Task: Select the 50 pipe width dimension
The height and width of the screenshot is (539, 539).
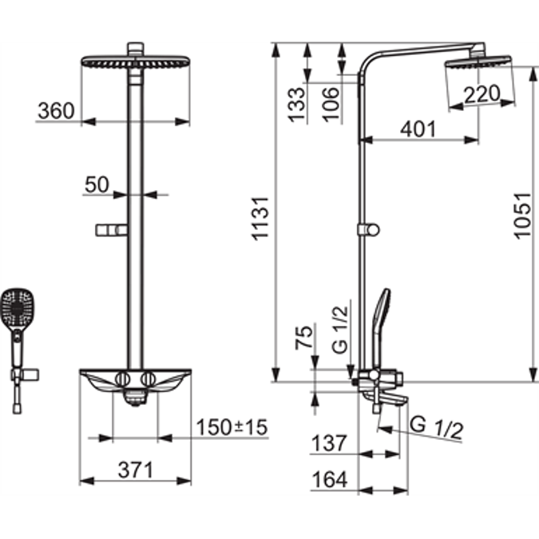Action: (x=97, y=184)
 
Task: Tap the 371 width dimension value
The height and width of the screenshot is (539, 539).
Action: (x=136, y=470)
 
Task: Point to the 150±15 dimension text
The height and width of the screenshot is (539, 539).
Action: (x=232, y=427)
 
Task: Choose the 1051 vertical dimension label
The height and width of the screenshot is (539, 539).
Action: (x=521, y=216)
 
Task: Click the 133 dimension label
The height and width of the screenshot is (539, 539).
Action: (x=296, y=104)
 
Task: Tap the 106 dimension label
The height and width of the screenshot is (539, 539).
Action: (x=331, y=104)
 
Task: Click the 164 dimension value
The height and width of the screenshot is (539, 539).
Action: (x=329, y=480)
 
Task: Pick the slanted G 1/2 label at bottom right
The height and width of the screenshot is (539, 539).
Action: (x=436, y=427)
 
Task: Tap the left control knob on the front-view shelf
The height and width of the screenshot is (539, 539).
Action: (x=122, y=378)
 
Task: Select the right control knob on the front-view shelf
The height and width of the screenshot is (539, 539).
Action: (x=148, y=378)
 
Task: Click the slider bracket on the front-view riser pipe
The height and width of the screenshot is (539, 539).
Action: (x=111, y=231)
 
